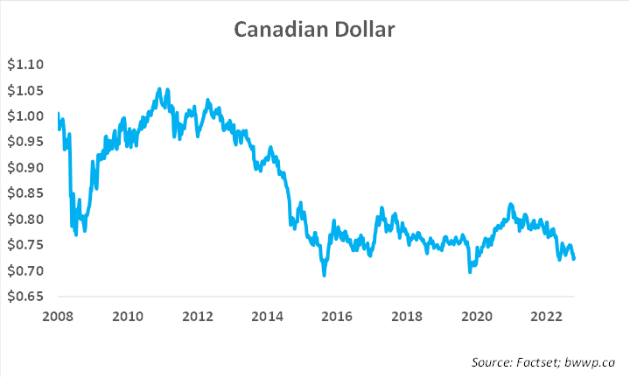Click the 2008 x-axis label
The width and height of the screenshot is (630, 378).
[58, 316]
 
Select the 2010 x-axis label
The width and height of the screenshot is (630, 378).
[128, 316]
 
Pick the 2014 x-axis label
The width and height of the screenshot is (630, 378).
[268, 316]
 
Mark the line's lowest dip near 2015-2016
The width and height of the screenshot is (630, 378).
[325, 275]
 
